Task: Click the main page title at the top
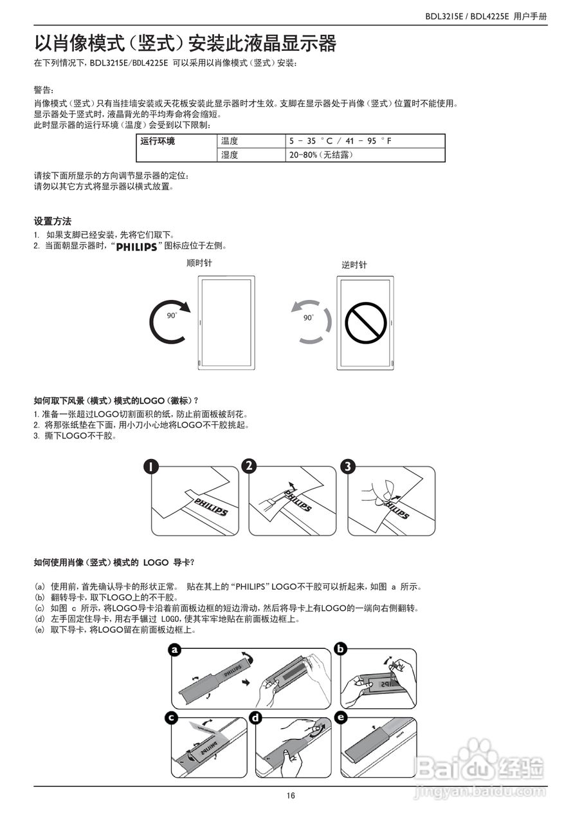pyautogui.click(x=185, y=44)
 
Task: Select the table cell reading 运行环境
pyautogui.click(x=158, y=140)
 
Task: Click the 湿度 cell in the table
pyautogui.click(x=230, y=154)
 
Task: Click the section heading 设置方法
pyautogui.click(x=52, y=221)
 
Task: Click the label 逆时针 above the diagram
pyautogui.click(x=354, y=265)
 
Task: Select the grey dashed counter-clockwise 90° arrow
pyautogui.click(x=309, y=321)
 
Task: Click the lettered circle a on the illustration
pyautogui.click(x=174, y=650)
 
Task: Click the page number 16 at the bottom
pyautogui.click(x=291, y=796)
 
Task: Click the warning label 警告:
pyautogui.click(x=44, y=90)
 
